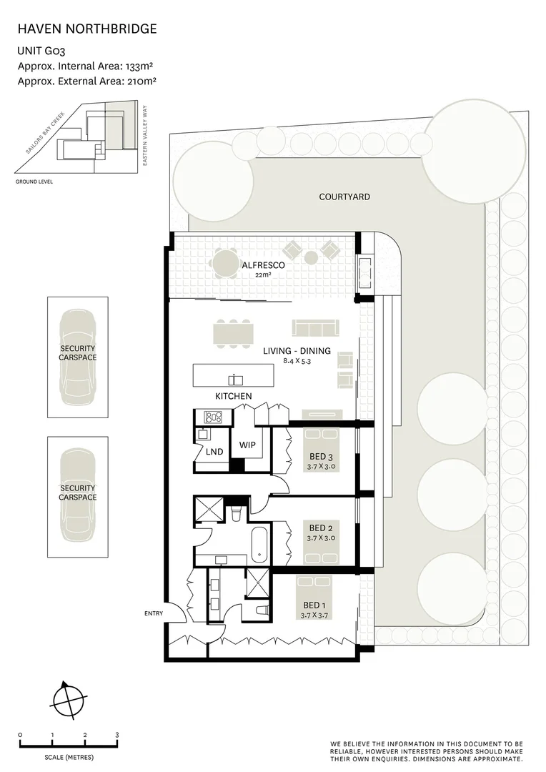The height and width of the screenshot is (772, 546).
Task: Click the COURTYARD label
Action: (344, 197)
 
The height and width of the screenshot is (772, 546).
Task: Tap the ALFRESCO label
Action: (264, 265)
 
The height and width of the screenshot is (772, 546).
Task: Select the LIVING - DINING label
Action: (297, 351)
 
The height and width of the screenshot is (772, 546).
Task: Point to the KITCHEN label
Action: (234, 396)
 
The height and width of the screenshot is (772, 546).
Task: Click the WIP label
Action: (247, 445)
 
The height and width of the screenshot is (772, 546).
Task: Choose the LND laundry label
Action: (214, 452)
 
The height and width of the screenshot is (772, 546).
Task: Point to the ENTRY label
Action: (154, 613)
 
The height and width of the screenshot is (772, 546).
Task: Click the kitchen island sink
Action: (235, 380)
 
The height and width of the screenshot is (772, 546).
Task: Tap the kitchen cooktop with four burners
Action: (214, 417)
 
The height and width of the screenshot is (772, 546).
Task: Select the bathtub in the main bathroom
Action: (259, 545)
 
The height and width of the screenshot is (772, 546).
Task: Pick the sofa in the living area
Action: (316, 328)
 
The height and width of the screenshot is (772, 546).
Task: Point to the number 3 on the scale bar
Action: (117, 735)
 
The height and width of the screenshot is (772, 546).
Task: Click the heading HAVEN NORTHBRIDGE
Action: (87, 29)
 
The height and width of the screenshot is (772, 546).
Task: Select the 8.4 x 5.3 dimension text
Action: (297, 361)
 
